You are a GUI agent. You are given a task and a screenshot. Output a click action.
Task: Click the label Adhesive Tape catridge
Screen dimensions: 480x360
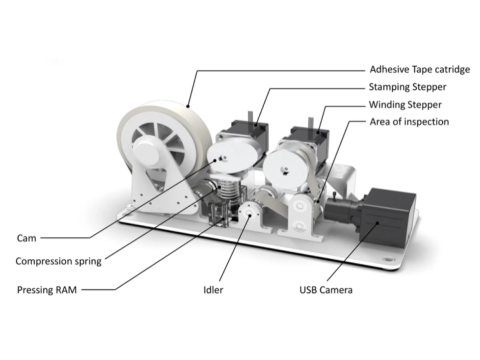click(420, 70)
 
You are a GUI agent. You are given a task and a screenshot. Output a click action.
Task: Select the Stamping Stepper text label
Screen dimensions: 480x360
click(407, 87)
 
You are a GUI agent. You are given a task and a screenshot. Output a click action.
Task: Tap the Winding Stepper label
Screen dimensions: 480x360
click(405, 105)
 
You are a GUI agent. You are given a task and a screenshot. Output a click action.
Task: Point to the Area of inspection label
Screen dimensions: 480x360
click(409, 122)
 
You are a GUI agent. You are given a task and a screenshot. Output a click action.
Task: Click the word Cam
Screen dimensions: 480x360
click(26, 238)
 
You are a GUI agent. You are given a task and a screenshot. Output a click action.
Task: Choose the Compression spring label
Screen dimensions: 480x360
click(59, 261)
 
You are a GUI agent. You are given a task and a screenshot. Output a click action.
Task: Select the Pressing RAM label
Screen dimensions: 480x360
click(47, 290)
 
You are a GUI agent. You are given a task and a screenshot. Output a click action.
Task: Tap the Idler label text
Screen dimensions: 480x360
click(213, 290)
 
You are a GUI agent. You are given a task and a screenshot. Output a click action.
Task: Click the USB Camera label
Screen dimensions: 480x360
click(326, 290)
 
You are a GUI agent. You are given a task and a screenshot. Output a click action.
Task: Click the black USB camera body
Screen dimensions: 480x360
click(388, 217)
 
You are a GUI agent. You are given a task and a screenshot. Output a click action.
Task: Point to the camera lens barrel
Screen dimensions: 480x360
click(342, 210)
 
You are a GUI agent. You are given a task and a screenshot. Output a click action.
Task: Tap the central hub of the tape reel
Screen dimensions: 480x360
click(147, 153)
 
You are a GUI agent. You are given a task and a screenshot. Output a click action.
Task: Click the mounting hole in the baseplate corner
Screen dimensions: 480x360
click(388, 258)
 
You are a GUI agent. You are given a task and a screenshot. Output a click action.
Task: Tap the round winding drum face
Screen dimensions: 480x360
click(286, 169)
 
